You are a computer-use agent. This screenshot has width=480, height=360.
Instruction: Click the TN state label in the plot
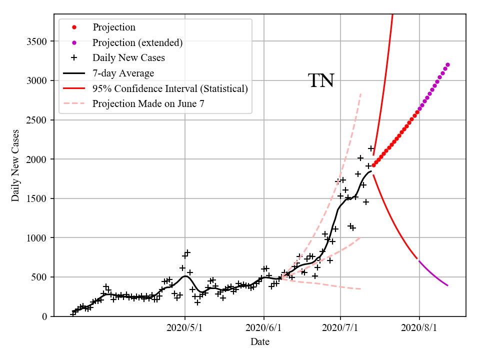[x=321, y=80]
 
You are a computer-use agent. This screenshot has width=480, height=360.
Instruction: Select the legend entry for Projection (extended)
[x=137, y=42]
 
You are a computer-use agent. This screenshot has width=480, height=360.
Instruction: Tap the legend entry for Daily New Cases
[x=128, y=58]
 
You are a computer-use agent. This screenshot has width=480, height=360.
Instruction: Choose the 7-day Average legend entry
[x=123, y=73]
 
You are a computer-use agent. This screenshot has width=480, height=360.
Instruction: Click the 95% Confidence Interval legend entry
[x=170, y=89]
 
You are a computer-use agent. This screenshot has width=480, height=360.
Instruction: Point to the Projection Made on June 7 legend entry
[x=148, y=104]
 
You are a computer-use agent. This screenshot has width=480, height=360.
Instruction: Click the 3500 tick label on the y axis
[x=37, y=41]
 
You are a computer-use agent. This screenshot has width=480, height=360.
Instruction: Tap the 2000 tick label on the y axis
[x=37, y=159]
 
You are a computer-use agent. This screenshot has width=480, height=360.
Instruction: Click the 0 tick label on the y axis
[x=44, y=316]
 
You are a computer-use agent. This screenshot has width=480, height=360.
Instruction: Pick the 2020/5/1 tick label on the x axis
[x=185, y=328]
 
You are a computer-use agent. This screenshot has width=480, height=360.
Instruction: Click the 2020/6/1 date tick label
[x=264, y=328]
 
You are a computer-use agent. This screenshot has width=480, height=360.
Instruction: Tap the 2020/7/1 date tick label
[x=340, y=328]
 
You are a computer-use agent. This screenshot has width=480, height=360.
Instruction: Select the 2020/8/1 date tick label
[x=419, y=328]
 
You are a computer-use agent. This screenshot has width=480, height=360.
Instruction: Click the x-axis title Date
[x=260, y=342]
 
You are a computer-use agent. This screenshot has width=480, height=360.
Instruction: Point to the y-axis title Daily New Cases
[x=15, y=165]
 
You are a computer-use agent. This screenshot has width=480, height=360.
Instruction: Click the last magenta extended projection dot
[x=447, y=64]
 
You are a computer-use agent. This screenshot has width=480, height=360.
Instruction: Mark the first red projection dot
[x=373, y=165]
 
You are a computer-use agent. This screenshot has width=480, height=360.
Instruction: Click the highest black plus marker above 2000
[x=371, y=148]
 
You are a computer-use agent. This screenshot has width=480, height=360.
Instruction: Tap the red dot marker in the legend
[x=74, y=27]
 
